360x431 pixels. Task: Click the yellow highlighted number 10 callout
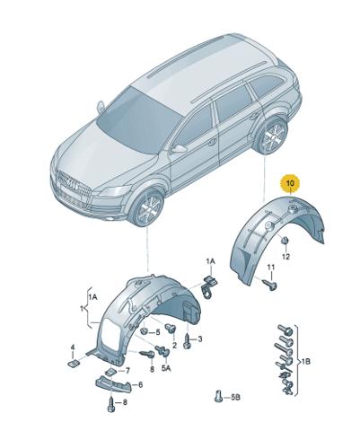(291, 183)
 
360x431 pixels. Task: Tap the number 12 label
(286, 257)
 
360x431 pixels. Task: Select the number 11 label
(271, 267)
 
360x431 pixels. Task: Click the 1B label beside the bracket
(305, 362)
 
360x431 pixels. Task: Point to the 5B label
(235, 398)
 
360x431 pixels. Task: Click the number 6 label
(140, 384)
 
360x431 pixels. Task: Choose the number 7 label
(127, 371)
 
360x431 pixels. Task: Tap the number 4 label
(72, 347)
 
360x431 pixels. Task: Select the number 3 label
(200, 339)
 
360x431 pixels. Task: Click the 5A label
(166, 369)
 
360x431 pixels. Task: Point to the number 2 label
(174, 345)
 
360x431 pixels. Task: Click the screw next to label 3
(187, 340)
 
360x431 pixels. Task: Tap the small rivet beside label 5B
(219, 396)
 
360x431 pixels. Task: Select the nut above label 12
(285, 241)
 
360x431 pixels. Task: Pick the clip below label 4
(74, 363)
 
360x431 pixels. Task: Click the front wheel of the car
(148, 207)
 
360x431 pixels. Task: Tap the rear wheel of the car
(273, 137)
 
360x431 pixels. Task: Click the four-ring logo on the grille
(73, 184)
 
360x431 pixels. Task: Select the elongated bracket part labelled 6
(114, 385)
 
